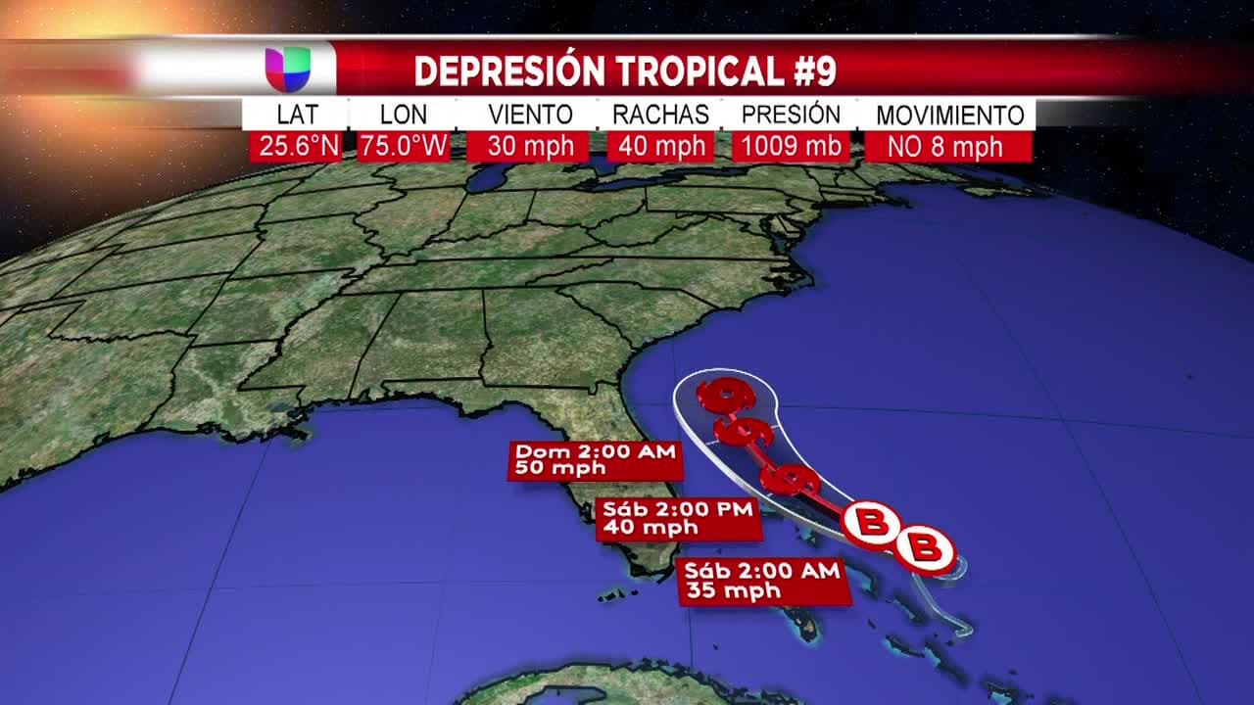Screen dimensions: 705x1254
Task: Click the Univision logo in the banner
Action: point(288,70)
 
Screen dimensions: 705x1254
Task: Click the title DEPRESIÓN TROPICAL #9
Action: point(625,70)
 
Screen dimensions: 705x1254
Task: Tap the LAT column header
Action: point(296,114)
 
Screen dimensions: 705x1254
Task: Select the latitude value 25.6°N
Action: point(296,147)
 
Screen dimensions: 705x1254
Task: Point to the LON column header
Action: point(403,114)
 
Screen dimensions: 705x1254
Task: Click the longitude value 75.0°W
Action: point(403,147)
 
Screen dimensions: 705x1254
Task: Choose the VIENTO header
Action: point(530,114)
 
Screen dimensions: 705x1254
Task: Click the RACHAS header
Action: point(660,114)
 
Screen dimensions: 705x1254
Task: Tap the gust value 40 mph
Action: point(660,147)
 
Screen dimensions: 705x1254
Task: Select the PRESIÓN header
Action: point(791,114)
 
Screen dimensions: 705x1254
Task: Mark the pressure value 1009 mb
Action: point(791,147)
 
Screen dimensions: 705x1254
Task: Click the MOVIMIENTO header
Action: point(949,115)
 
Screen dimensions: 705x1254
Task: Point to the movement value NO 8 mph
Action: point(947,147)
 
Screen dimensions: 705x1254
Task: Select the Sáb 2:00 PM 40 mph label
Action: point(679,519)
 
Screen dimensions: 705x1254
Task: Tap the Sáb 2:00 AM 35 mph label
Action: point(763,582)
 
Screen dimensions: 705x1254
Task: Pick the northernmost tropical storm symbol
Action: point(726,396)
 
